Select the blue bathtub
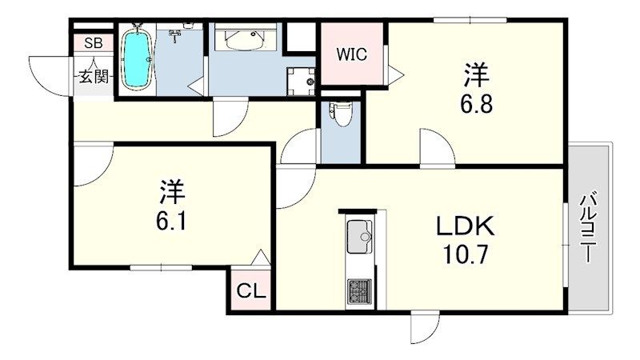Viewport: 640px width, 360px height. point(137,60)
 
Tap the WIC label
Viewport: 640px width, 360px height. point(351,55)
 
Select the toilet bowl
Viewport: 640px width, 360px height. point(340,114)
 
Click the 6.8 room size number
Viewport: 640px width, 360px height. point(478,105)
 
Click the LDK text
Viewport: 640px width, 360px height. point(466,228)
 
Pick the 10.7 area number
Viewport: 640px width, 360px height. point(466,257)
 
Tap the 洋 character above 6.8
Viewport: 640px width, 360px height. point(477,77)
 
